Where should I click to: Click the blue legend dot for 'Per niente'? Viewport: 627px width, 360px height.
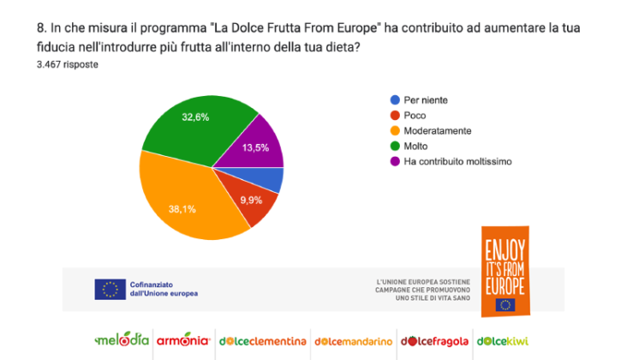[394, 100]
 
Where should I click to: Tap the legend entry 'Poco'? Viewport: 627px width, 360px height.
[415, 116]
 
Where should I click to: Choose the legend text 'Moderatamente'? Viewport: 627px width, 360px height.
[438, 131]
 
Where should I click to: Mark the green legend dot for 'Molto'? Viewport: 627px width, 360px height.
[394, 147]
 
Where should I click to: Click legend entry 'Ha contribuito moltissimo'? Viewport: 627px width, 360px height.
[457, 162]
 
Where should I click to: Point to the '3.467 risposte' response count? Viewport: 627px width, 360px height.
[67, 65]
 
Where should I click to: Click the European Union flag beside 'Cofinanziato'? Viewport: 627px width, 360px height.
[110, 289]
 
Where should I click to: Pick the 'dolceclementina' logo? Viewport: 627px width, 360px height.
[262, 340]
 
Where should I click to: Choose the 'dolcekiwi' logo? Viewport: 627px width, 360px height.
[503, 340]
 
